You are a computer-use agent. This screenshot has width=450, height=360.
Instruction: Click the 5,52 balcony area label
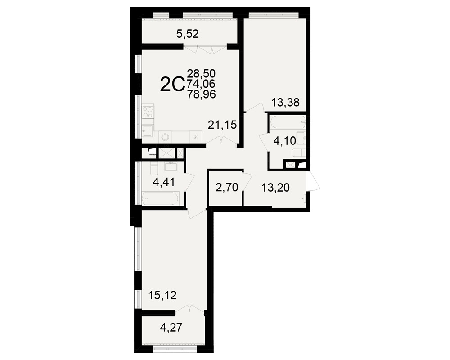(187, 34)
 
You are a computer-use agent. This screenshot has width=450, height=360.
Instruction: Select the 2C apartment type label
(172, 85)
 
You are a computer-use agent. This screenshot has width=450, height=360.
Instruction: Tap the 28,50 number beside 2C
(201, 74)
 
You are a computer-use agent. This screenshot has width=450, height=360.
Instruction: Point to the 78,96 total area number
(201, 94)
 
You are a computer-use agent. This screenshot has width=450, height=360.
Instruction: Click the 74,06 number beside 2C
(201, 84)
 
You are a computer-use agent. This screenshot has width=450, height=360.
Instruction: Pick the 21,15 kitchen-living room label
(222, 125)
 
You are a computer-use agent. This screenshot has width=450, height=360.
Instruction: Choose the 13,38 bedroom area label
(285, 102)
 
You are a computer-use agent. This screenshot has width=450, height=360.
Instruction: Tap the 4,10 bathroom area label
(284, 141)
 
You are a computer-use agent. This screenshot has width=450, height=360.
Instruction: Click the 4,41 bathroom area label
(164, 182)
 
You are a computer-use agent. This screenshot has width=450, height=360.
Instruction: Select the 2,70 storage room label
(227, 188)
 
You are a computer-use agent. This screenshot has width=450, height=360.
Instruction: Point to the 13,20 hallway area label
(275, 188)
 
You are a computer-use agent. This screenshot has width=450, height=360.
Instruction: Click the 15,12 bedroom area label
(162, 295)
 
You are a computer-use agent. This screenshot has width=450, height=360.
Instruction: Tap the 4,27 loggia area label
(171, 328)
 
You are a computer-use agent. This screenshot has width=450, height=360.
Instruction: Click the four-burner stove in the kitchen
(148, 112)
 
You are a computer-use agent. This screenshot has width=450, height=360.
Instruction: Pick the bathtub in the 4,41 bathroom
(161, 198)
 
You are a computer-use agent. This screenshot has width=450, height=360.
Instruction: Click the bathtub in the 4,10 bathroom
(287, 121)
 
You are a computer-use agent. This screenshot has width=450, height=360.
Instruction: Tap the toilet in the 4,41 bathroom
(154, 169)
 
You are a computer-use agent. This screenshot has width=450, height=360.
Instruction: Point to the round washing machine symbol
(165, 137)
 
